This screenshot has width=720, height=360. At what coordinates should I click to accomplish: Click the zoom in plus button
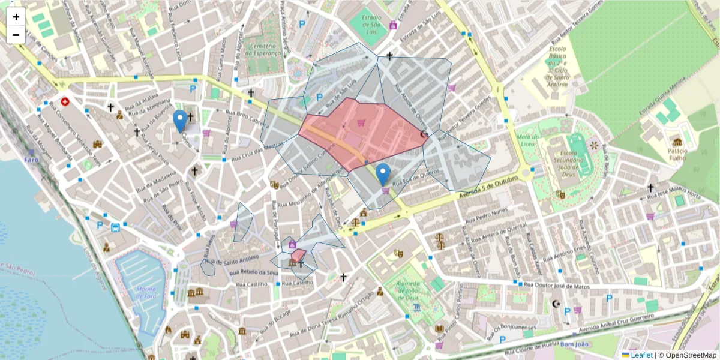[16, 17]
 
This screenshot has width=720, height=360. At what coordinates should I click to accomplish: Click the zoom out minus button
[16, 35]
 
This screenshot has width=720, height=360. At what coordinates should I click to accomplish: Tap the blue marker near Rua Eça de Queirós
[383, 174]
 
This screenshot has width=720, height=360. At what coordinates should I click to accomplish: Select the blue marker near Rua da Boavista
[179, 121]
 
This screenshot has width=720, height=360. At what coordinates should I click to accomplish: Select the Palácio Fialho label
[677, 154]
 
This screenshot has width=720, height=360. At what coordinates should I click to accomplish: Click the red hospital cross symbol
[65, 101]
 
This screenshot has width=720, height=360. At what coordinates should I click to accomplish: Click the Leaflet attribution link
[641, 355]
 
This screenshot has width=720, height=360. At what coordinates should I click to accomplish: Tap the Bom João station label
[575, 344]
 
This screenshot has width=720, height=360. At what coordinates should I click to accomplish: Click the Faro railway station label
[31, 160]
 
